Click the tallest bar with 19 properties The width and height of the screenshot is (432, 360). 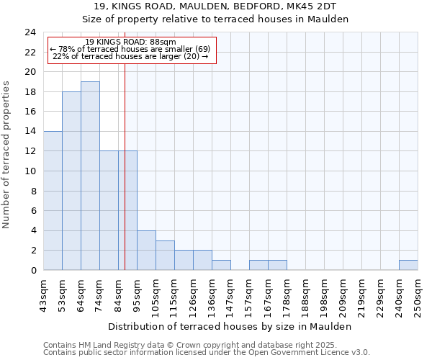90,176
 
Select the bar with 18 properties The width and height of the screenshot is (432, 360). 71,181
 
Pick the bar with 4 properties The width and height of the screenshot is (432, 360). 146,251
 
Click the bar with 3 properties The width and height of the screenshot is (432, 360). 165,256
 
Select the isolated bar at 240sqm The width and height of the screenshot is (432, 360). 408,265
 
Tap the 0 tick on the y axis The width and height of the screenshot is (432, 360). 33,271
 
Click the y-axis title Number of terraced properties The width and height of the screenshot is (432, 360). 7,155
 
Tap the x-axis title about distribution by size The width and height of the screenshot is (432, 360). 230,326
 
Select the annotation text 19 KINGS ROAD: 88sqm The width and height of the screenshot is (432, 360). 130,42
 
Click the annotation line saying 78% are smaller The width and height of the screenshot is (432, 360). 130,49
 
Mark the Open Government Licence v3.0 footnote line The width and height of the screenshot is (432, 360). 207,353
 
